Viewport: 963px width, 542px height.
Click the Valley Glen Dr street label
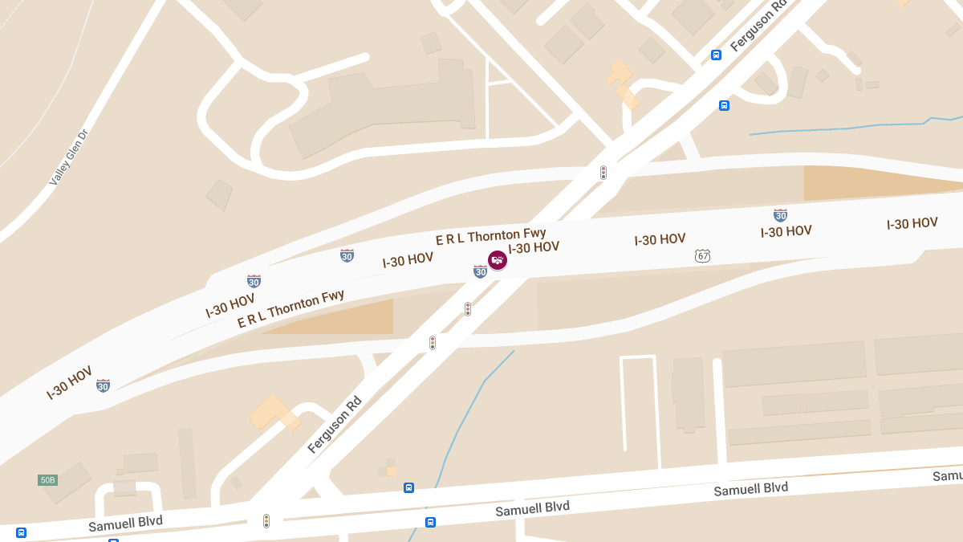[68, 157]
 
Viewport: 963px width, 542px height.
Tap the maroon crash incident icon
[498, 260]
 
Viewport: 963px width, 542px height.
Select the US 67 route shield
[703, 255]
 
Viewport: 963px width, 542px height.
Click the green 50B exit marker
[47, 480]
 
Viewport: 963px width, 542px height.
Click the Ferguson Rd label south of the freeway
[335, 422]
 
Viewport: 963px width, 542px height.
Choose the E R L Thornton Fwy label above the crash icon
[490, 236]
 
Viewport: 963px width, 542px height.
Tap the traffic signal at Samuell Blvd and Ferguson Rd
[266, 521]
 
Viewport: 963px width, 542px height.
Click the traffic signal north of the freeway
[603, 173]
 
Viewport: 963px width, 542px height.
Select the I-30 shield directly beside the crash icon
[480, 271]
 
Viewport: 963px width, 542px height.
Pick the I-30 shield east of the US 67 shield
[780, 214]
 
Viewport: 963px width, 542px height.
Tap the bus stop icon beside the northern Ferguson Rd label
[716, 55]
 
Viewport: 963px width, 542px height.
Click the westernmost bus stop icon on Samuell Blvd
[21, 532]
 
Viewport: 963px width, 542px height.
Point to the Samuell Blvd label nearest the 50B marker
[125, 522]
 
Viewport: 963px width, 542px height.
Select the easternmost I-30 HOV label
[912, 223]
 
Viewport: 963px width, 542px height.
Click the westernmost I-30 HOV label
[70, 383]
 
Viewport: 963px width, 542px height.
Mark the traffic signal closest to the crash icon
[468, 309]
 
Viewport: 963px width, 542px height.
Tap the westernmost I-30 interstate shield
[103, 385]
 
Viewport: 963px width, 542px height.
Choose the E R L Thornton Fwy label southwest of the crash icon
[291, 309]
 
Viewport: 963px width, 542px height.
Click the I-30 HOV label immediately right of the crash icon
[534, 247]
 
